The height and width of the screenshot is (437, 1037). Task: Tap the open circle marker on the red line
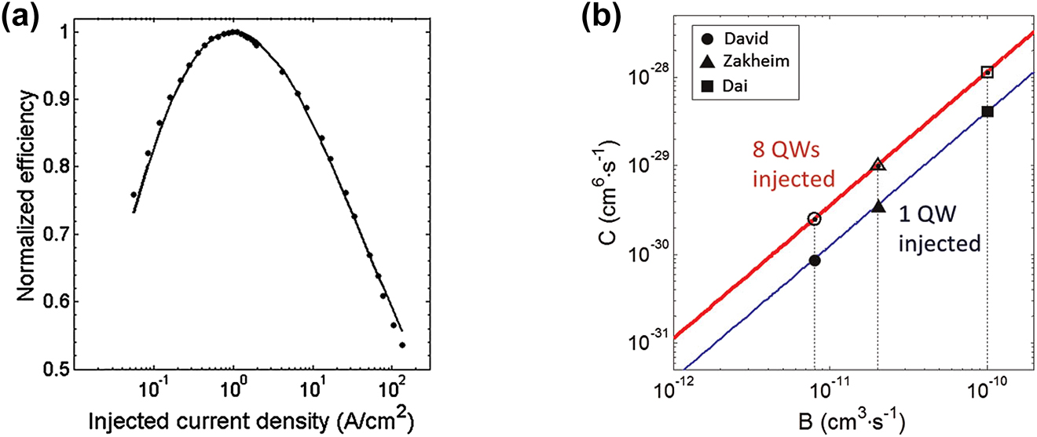815,219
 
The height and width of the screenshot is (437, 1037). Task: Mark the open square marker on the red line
988,72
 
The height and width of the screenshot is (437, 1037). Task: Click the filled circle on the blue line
815,260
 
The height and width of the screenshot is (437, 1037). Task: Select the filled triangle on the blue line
878,206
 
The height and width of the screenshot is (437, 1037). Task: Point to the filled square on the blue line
988,111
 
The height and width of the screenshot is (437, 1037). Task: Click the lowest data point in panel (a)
402,344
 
